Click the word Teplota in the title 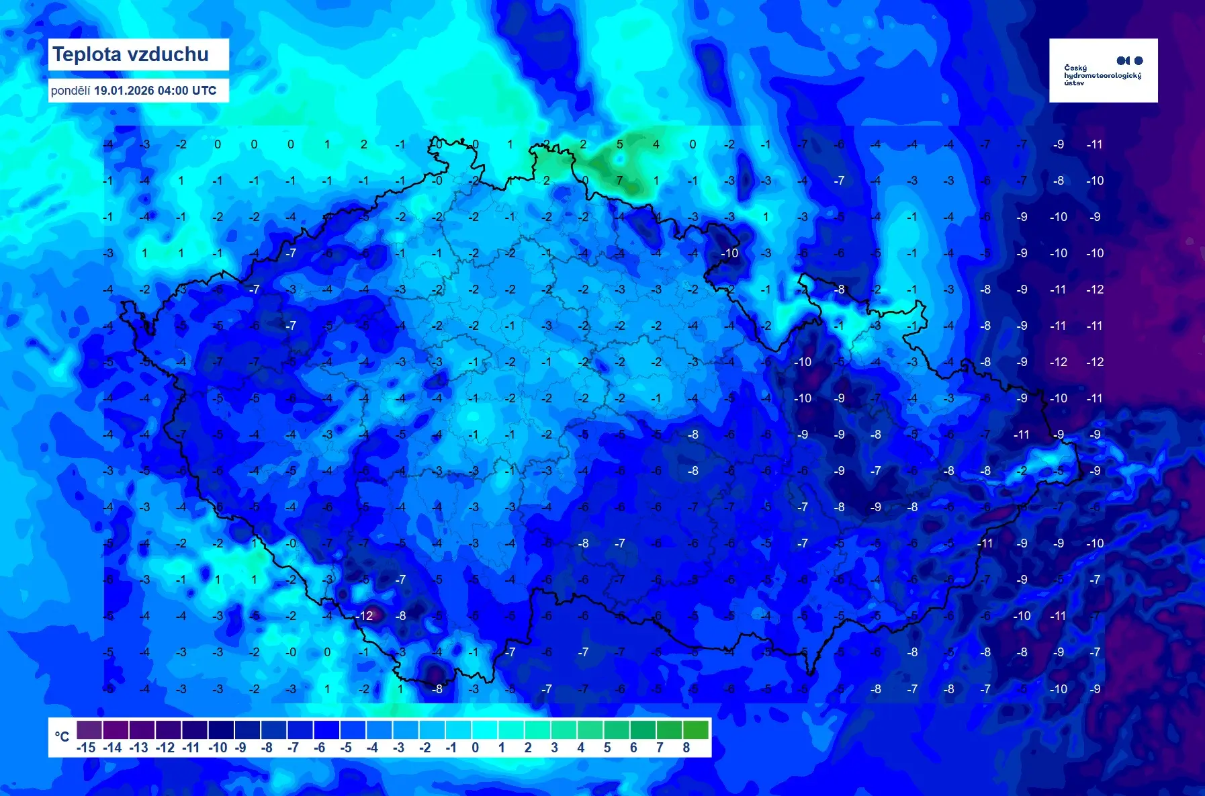pos(83,54)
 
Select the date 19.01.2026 pos(124,91)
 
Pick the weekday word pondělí pos(70,91)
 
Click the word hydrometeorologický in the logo pos(1102,75)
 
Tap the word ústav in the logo pos(1073,83)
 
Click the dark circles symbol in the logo pos(1129,60)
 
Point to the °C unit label pos(62,737)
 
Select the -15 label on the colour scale pos(86,748)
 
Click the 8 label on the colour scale pos(686,748)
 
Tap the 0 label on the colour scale pos(475,748)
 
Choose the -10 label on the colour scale pos(218,748)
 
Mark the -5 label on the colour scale pos(345,748)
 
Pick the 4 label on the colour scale pos(580,748)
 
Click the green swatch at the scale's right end pos(695,729)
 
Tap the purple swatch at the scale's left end pos(89,729)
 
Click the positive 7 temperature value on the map pos(619,181)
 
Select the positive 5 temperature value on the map pos(619,144)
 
